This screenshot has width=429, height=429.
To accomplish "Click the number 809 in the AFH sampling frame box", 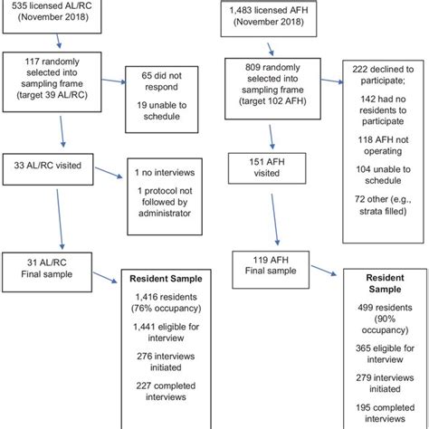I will click(x=257, y=67).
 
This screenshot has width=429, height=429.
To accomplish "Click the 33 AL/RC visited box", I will click(x=51, y=167).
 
